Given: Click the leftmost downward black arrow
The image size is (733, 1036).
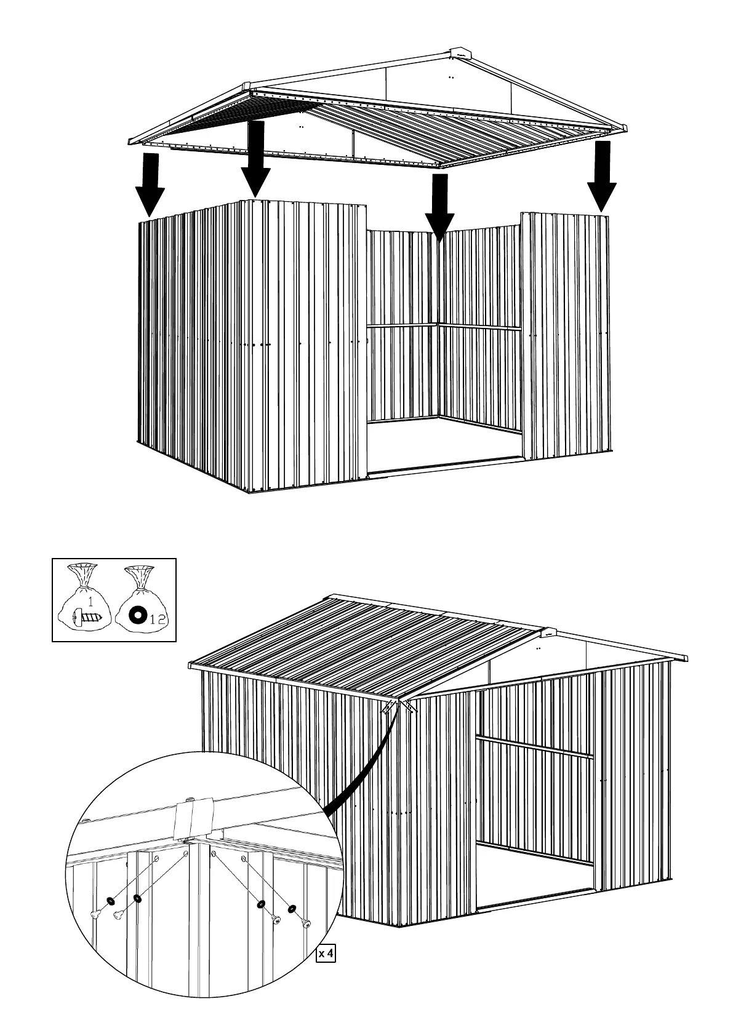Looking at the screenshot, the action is click(150, 185).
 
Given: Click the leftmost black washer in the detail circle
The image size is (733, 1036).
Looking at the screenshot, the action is click(110, 901).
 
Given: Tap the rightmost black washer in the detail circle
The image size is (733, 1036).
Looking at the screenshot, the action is click(290, 908).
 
